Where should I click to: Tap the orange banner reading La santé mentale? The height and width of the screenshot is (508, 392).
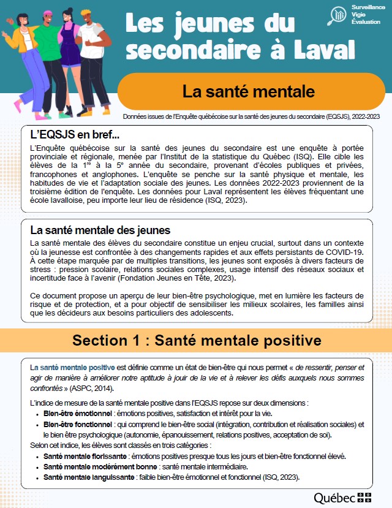pos(248,91)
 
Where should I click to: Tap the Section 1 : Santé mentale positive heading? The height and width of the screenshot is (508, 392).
pos(196,340)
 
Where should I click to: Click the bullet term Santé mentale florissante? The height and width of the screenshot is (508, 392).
pos(85,457)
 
